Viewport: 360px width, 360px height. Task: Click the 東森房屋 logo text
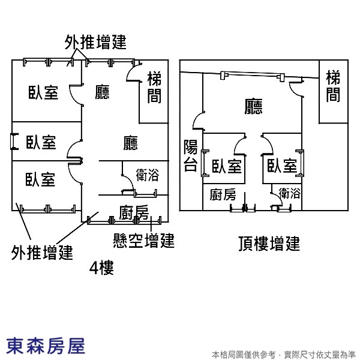[x=46, y=346]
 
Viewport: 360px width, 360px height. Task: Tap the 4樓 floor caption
[x=101, y=268]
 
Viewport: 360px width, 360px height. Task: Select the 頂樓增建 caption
[x=269, y=244]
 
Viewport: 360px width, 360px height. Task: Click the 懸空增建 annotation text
[x=144, y=241]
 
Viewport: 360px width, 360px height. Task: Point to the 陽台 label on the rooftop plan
[x=191, y=155]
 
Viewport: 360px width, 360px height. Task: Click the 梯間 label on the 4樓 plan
[x=154, y=88]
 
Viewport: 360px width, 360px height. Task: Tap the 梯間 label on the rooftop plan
[x=333, y=86]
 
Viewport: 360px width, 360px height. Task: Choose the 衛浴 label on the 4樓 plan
[x=148, y=175]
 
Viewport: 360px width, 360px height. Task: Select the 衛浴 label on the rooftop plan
[x=290, y=193]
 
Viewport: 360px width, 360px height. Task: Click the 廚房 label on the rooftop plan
[x=223, y=194]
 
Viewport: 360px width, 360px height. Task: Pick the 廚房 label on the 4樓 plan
[x=134, y=212]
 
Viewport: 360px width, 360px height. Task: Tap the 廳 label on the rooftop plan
[x=253, y=107]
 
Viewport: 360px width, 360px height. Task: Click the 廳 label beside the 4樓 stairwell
[x=102, y=92]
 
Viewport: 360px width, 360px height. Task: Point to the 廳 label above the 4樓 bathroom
[x=131, y=143]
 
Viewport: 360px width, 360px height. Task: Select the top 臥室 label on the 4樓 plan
[x=43, y=92]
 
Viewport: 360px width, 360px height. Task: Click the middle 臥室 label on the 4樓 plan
[x=41, y=142]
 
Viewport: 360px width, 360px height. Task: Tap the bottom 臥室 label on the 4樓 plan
[x=40, y=179]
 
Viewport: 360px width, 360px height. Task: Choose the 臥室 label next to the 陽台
[x=227, y=166]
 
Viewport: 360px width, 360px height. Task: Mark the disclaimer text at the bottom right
[x=284, y=355]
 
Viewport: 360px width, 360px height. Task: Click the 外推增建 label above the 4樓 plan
[x=95, y=42]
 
